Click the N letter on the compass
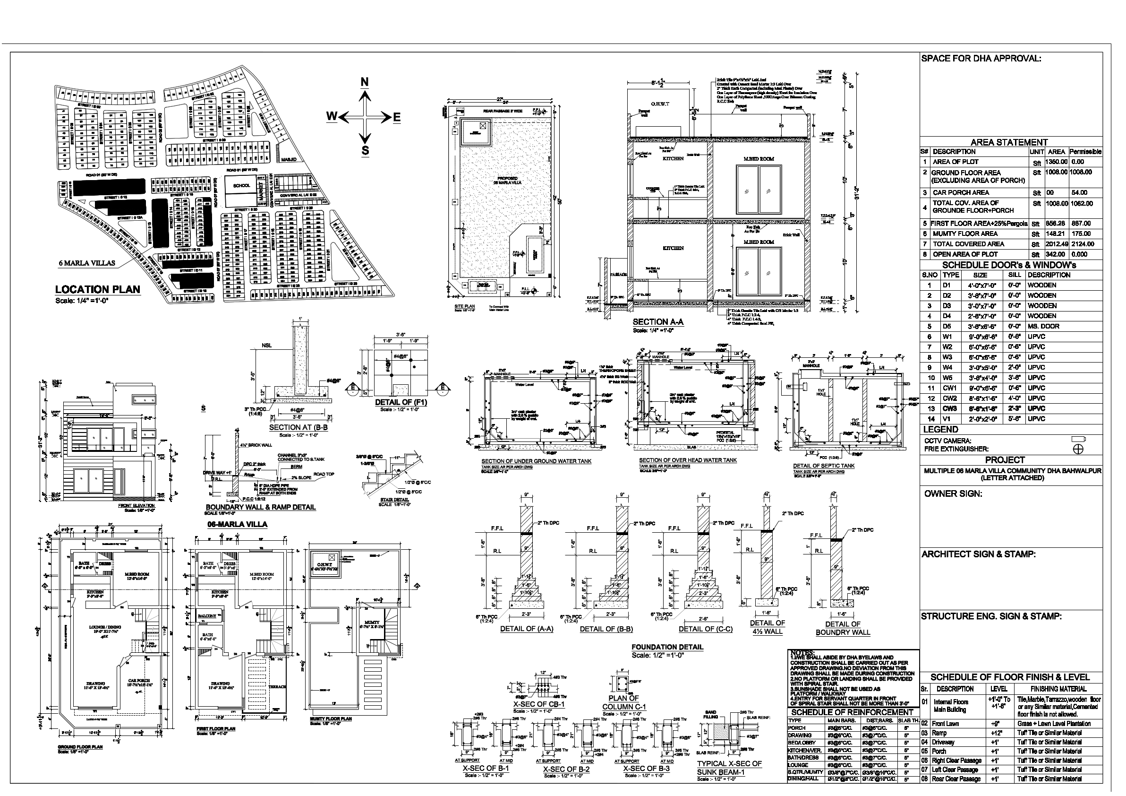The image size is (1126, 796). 364,82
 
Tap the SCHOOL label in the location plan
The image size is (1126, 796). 241,185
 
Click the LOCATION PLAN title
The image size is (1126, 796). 98,290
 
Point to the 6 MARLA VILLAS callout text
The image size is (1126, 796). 87,263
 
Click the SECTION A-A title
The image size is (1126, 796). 657,322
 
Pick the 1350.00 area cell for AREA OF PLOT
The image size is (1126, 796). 1056,162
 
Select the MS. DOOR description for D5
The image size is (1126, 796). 1043,326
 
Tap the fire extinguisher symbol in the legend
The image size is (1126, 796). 1078,449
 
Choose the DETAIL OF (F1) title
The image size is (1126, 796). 401,402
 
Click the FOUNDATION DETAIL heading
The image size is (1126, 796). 667,647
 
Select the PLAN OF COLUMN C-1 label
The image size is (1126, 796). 624,702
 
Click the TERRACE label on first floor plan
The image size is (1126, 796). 278,686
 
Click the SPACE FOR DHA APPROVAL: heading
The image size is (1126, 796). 981,59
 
